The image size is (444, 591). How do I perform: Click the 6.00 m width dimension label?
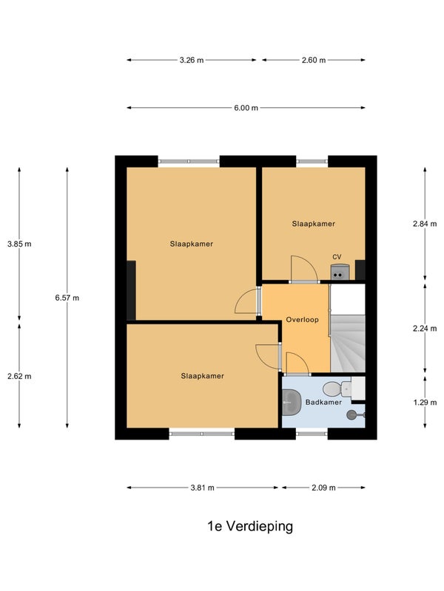click(246, 108)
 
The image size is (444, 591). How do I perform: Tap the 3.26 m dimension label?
click(192, 60)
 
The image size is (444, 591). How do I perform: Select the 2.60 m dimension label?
click(313, 60)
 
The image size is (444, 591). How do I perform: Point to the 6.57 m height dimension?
click(67, 298)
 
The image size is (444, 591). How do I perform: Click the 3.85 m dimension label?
click(19, 244)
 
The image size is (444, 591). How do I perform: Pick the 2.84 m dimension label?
click(425, 224)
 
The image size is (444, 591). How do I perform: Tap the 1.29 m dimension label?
click(425, 402)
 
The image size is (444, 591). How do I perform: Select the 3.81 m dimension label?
click(202, 488)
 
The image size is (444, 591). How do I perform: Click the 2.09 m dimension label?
click(323, 488)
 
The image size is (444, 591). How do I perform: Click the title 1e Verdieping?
click(250, 526)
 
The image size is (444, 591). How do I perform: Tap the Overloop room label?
click(302, 320)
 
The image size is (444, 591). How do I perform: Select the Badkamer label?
click(323, 402)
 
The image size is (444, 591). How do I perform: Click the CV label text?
click(337, 256)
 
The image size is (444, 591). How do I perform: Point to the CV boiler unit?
click(340, 272)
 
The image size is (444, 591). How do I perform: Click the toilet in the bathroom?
click(337, 389)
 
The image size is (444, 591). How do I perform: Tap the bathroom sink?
click(292, 403)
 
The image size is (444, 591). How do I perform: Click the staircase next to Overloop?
click(348, 344)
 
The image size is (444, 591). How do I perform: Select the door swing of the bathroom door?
click(297, 363)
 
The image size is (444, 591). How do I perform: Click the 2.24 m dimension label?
click(425, 329)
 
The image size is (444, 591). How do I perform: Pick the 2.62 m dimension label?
click(19, 376)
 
